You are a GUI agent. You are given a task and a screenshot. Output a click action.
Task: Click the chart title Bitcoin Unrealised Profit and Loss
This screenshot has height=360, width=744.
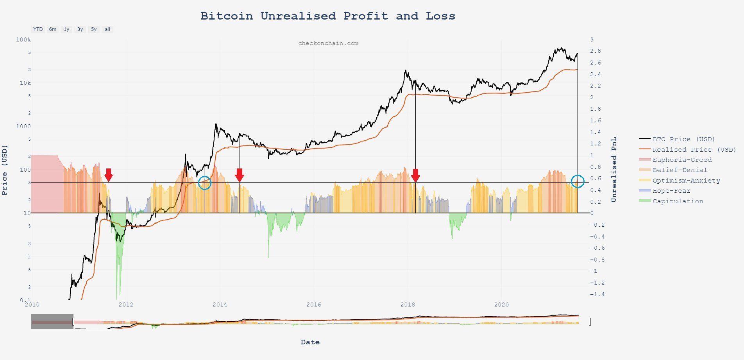click(327, 16)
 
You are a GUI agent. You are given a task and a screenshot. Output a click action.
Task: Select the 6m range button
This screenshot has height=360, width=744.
click(53, 29)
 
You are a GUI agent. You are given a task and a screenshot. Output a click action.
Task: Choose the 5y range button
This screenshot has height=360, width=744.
click(94, 29)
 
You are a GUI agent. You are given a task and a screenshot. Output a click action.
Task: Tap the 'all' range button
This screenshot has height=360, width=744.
click(107, 29)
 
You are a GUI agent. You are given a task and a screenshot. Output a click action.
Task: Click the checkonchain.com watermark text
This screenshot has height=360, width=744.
click(328, 43)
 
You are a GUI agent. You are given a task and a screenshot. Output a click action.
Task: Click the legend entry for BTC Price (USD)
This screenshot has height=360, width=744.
click(683, 139)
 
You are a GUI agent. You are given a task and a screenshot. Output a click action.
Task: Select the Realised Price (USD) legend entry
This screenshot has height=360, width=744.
click(694, 150)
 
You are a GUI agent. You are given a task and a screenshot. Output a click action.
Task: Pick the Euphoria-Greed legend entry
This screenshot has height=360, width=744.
click(682, 160)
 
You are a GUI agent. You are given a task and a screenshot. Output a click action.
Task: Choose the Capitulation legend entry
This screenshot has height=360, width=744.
click(678, 201)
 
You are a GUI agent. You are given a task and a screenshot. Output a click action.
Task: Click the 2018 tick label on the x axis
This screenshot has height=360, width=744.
click(408, 304)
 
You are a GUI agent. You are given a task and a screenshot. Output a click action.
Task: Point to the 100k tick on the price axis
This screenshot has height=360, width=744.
click(23, 40)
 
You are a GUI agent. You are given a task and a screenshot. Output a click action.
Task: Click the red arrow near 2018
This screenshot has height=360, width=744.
click(415, 175)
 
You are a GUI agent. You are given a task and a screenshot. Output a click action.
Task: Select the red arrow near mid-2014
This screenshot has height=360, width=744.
click(240, 175)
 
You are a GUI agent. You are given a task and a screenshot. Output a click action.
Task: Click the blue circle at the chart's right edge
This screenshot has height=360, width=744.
click(578, 181)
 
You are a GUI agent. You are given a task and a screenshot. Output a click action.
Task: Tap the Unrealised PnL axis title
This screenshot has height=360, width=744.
click(614, 169)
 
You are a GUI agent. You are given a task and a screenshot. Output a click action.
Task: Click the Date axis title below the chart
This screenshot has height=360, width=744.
click(310, 342)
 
